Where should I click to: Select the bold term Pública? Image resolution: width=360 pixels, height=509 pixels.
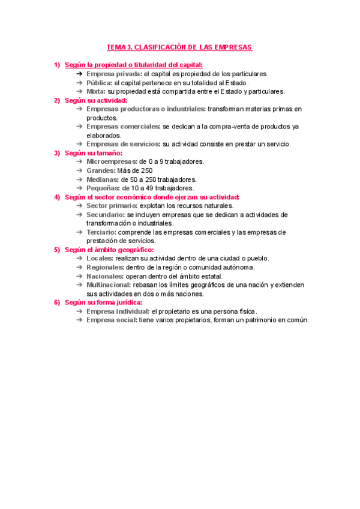pos(99,83)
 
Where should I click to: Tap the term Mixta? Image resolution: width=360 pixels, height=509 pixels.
pos(96,92)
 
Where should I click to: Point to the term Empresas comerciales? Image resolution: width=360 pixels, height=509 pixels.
pos(123,127)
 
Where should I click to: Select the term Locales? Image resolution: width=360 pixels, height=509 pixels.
pos(99,259)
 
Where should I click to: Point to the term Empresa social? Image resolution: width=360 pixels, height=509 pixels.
pos(112,321)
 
